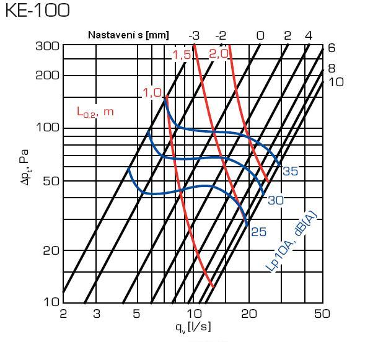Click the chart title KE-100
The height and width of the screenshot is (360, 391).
point(37,11)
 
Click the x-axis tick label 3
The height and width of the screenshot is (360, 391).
point(97,314)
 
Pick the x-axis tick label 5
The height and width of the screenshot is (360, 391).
point(137,314)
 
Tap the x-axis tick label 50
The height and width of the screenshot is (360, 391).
point(322,314)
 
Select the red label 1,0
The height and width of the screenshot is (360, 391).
point(152,93)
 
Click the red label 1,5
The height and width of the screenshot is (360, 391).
point(182,56)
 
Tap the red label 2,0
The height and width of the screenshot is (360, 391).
point(219,54)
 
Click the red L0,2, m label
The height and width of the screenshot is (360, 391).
point(95,112)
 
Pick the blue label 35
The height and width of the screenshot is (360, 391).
point(290,171)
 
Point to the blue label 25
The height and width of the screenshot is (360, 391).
point(258,232)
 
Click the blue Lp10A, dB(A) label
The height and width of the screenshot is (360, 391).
point(292,242)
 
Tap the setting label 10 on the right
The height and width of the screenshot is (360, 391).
point(336,82)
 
